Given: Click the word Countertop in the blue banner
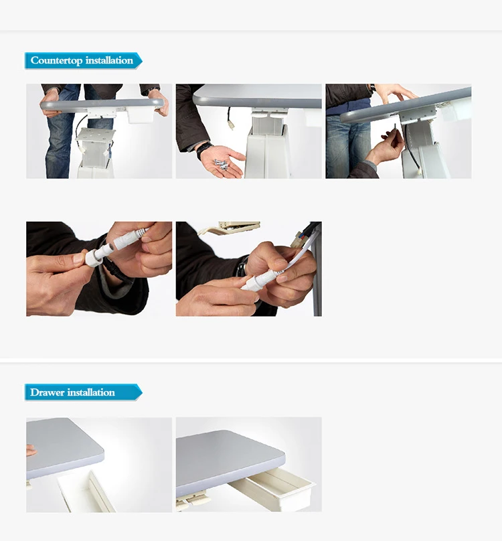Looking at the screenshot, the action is (x=57, y=60).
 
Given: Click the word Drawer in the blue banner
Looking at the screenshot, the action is (x=48, y=392).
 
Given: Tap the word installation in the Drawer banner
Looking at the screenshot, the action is (x=91, y=392).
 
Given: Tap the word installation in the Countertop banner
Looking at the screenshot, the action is (x=109, y=60).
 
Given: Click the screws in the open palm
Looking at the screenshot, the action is (x=220, y=163).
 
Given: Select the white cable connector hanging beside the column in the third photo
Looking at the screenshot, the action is (x=419, y=171).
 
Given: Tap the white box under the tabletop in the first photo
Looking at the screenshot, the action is (x=141, y=115).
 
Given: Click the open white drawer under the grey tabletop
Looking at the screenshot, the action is (x=272, y=489).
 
